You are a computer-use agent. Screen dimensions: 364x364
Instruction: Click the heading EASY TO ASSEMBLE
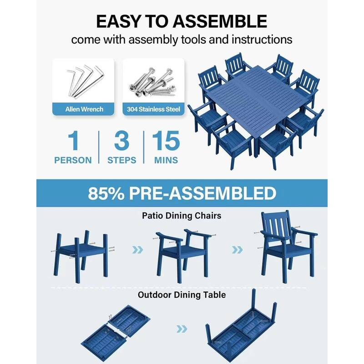click(181, 21)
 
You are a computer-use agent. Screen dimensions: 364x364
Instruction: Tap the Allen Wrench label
click(84, 109)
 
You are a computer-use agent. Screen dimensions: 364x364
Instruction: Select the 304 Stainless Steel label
click(154, 109)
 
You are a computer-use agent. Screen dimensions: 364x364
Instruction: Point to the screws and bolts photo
click(153, 81)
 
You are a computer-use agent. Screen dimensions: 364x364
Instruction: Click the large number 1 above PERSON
click(73, 141)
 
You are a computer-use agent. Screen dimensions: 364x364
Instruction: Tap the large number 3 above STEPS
click(121, 141)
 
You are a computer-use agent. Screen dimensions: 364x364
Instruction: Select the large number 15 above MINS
click(166, 141)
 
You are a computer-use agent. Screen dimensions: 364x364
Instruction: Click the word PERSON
click(73, 160)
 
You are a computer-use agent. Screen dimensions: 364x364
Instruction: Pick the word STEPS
click(121, 160)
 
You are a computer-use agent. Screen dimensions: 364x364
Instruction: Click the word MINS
click(166, 160)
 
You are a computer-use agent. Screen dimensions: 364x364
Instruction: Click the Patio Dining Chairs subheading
click(182, 216)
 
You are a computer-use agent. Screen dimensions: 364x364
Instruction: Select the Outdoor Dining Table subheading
click(182, 295)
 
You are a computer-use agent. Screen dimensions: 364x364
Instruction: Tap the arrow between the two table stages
click(182, 329)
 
